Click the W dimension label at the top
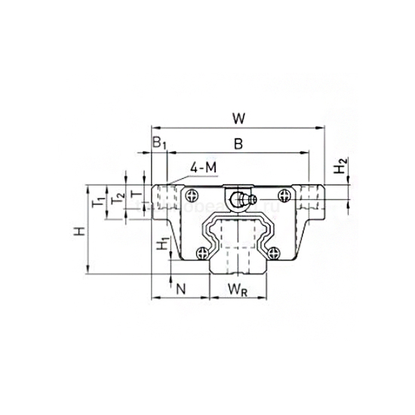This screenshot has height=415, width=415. pyautogui.click(x=238, y=118)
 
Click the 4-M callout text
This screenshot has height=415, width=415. pyautogui.click(x=204, y=167)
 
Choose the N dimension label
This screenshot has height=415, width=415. pyautogui.click(x=180, y=287)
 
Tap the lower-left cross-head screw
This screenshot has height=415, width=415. pyautogui.click(x=201, y=253)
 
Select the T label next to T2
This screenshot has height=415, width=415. pyautogui.click(x=135, y=195)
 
